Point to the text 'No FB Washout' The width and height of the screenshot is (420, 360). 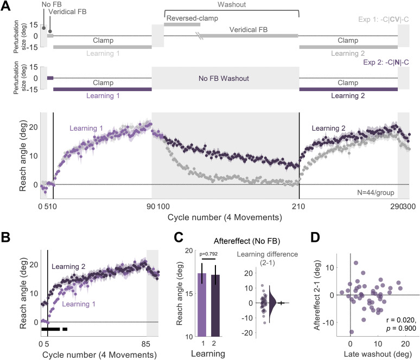224,78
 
